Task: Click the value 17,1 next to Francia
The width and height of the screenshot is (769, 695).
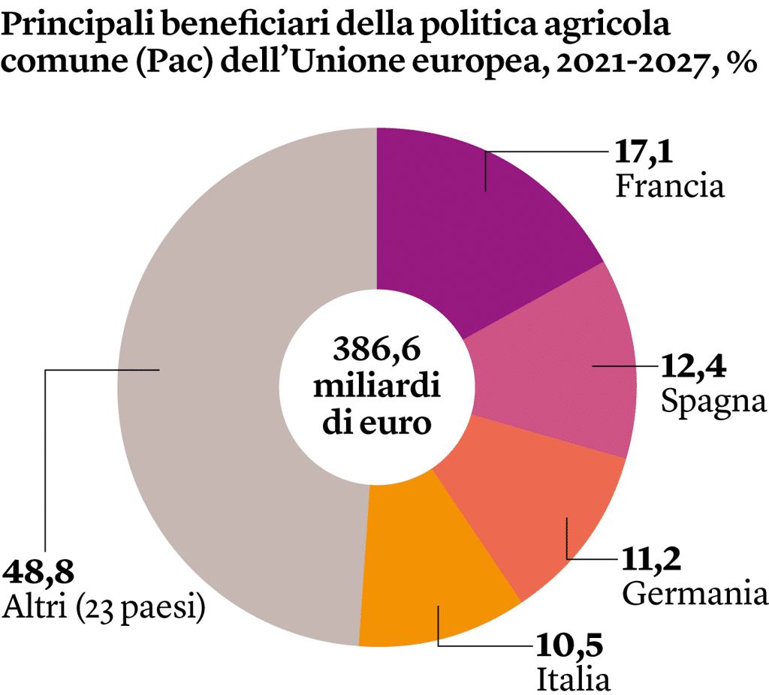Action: pyautogui.click(x=641, y=152)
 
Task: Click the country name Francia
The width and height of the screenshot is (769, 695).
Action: pyautogui.click(x=670, y=185)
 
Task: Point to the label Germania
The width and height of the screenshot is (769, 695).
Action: pyautogui.click(x=695, y=594)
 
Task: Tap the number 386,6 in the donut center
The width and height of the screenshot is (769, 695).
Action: pyautogui.click(x=377, y=350)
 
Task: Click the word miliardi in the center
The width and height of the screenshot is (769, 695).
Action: pyautogui.click(x=377, y=387)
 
